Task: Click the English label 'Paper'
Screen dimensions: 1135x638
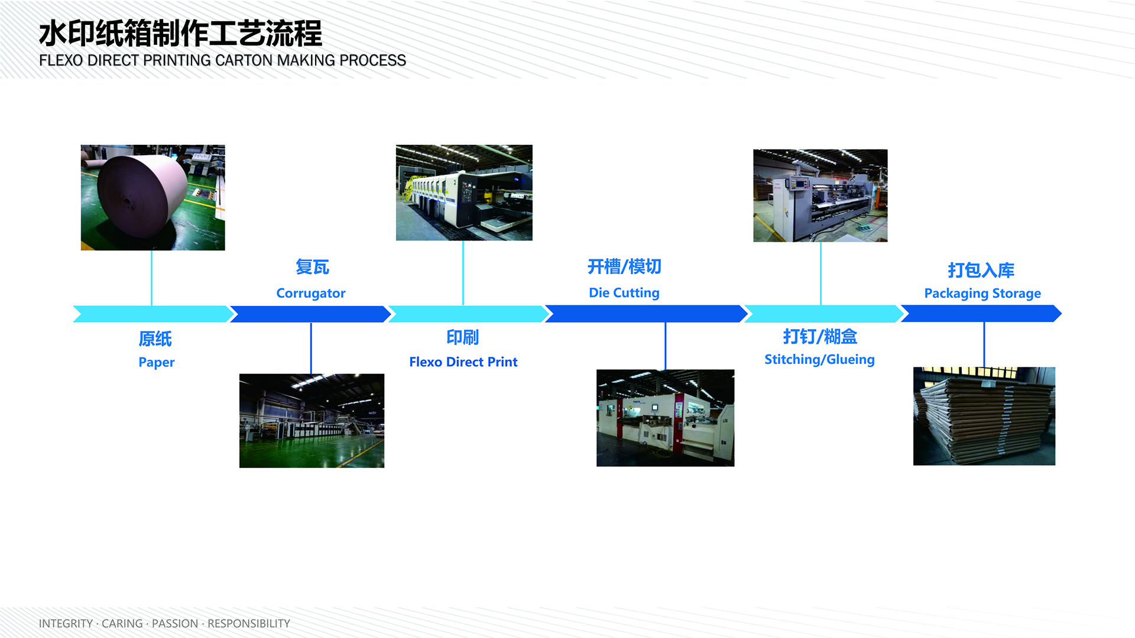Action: [x=157, y=362]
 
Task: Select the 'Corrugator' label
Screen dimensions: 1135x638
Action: [x=311, y=293]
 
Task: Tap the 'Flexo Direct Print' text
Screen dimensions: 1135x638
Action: [x=463, y=362]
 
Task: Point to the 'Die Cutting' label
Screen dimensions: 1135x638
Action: [x=624, y=293]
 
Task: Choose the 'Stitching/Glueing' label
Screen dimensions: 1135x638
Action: [x=819, y=360]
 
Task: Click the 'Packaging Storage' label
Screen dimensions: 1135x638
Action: [x=982, y=294]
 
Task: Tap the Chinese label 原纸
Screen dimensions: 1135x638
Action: [x=155, y=338]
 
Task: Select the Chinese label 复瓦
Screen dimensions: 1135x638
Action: [x=312, y=267]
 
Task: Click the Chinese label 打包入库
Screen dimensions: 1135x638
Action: [x=981, y=270]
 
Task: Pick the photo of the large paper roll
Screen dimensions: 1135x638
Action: [x=153, y=197]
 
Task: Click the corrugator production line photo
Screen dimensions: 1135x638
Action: [x=312, y=421]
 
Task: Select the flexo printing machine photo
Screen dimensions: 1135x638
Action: [x=464, y=193]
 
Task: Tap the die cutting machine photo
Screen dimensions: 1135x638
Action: [x=666, y=418]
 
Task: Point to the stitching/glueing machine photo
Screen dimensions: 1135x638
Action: [x=821, y=196]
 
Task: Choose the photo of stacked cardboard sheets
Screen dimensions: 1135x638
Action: [x=984, y=416]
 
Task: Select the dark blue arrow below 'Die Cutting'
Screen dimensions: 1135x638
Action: [x=646, y=314]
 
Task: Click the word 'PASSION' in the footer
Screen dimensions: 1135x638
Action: [x=175, y=624]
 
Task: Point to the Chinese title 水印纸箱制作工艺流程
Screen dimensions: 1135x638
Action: [x=181, y=33]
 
